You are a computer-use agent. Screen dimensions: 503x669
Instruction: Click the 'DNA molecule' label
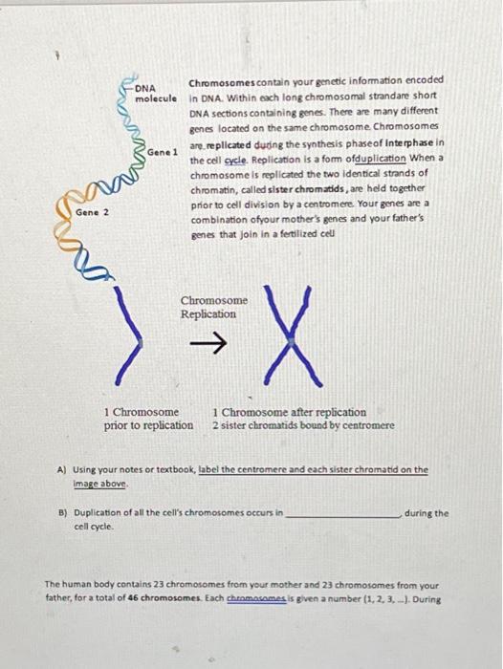(154, 94)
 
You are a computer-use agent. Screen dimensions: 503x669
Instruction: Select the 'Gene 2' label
(93, 212)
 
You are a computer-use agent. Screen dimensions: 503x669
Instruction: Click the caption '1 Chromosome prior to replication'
(148, 418)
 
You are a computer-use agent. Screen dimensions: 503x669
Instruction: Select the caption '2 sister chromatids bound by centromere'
(303, 424)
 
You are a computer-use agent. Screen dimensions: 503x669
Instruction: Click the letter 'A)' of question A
(62, 470)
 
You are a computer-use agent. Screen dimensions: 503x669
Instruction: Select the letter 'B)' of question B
(62, 513)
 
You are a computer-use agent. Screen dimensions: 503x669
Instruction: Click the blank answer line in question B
(342, 514)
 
